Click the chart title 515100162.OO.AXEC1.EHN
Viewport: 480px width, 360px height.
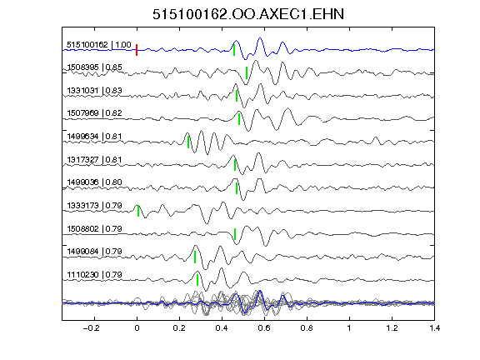[248, 14]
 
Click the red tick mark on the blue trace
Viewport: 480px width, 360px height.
[137, 50]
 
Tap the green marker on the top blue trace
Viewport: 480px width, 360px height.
[234, 50]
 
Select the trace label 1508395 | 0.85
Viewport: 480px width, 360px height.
[95, 67]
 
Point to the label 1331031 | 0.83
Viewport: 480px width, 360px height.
[95, 91]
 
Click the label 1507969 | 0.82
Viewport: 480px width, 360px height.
[95, 113]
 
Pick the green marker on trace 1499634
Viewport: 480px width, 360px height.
[188, 142]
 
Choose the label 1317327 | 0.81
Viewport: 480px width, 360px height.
[95, 159]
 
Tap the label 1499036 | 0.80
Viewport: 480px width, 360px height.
[95, 182]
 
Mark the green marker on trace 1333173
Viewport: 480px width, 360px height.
[138, 211]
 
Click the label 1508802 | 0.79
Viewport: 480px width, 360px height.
[95, 228]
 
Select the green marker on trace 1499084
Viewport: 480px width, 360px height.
[195, 257]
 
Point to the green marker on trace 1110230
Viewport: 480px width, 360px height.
[197, 280]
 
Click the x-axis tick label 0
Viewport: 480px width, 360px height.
[137, 328]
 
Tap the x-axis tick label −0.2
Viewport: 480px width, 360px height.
[92, 328]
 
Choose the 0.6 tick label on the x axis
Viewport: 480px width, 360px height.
[264, 328]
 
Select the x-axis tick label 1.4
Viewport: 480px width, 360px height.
[434, 328]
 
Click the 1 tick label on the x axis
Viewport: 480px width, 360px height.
[349, 328]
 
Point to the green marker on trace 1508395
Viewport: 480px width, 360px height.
[247, 72]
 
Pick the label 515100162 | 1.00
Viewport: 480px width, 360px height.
[99, 45]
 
